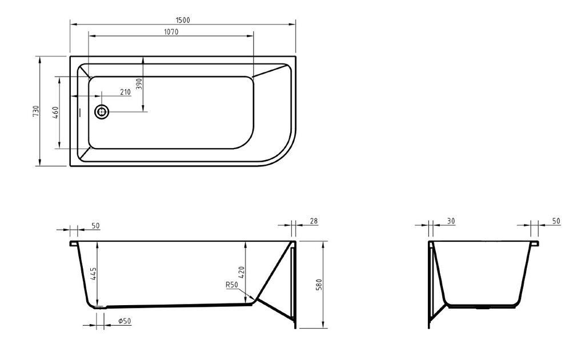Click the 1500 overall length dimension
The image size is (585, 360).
pos(183,20)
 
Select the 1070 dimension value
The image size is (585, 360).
pos(171,31)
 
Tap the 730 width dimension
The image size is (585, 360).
pos(36,111)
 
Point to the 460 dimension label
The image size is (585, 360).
pos(55,113)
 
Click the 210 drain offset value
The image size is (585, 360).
pos(125,92)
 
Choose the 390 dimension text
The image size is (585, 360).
pos(139,84)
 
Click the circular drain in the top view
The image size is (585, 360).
pos(102,111)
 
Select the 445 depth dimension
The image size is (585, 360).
pos(93,274)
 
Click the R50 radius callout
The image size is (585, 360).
pos(232,285)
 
